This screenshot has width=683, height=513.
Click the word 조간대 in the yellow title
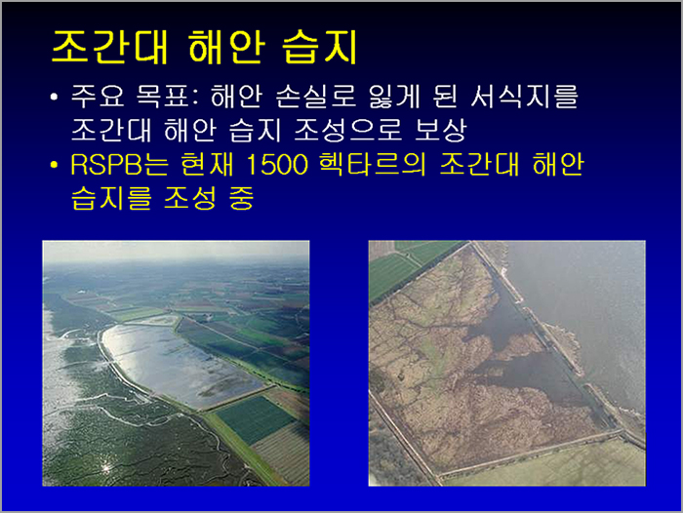click(109, 48)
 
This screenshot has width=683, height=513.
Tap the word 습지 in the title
click(320, 48)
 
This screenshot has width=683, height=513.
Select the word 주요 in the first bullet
click(97, 97)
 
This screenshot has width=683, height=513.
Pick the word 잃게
click(394, 97)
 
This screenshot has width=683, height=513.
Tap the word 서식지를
click(524, 97)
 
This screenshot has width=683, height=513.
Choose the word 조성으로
click(347, 131)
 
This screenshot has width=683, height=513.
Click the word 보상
click(440, 131)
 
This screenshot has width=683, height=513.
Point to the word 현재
click(207, 165)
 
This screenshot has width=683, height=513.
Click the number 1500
click(277, 165)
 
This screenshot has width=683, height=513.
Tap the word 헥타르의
click(372, 165)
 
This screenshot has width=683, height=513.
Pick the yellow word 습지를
click(111, 198)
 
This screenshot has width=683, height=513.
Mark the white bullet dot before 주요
click(54, 97)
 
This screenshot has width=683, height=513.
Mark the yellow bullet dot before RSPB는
click(54, 165)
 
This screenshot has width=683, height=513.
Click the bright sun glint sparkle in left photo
click(105, 467)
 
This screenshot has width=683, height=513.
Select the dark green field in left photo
click(256, 419)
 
